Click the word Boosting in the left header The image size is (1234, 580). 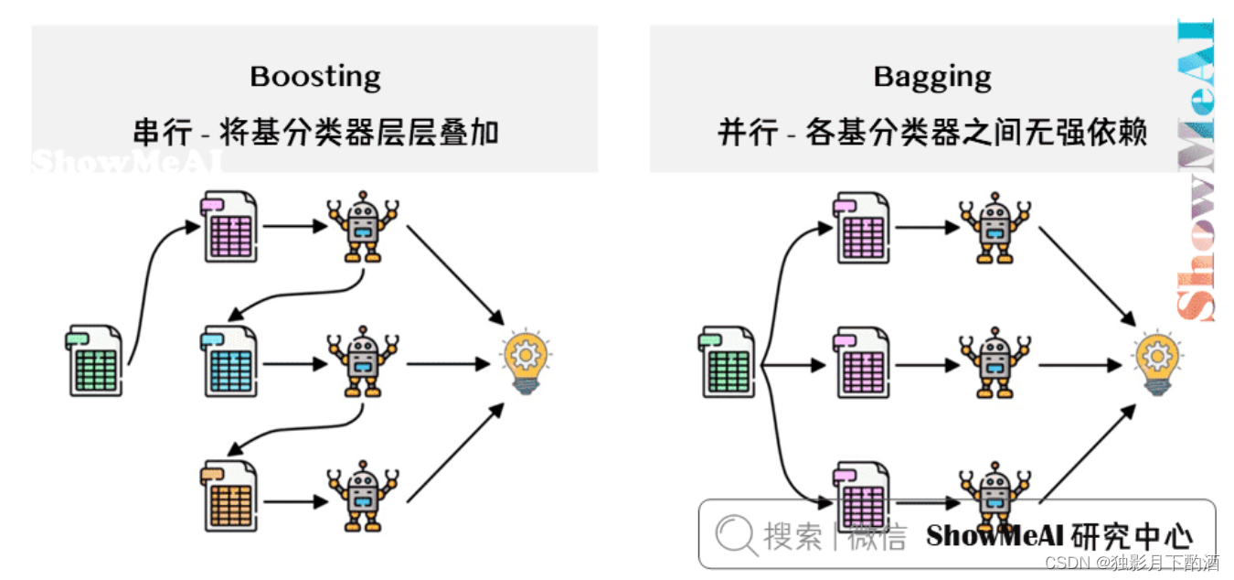pyautogui.click(x=315, y=76)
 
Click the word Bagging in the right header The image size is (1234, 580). pyautogui.click(x=932, y=76)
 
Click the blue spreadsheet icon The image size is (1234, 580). pyautogui.click(x=230, y=361)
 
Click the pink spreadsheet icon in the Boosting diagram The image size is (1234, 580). pyautogui.click(x=229, y=226)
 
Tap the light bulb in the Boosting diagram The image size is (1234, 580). pyautogui.click(x=526, y=362)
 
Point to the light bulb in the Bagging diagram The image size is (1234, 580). pyautogui.click(x=1157, y=362)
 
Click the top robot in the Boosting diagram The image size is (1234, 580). pyautogui.click(x=363, y=226)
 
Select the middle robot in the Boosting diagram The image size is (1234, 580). pyautogui.click(x=363, y=361)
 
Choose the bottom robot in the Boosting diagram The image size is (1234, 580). pyautogui.click(x=363, y=496)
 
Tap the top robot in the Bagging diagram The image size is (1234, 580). pyautogui.click(x=995, y=228)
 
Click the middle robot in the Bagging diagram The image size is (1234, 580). pyautogui.click(x=995, y=363)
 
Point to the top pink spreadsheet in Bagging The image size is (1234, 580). pyautogui.click(x=861, y=228)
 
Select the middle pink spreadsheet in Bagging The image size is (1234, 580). pyautogui.click(x=861, y=363)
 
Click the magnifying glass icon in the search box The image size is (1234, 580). pyautogui.click(x=735, y=534)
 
